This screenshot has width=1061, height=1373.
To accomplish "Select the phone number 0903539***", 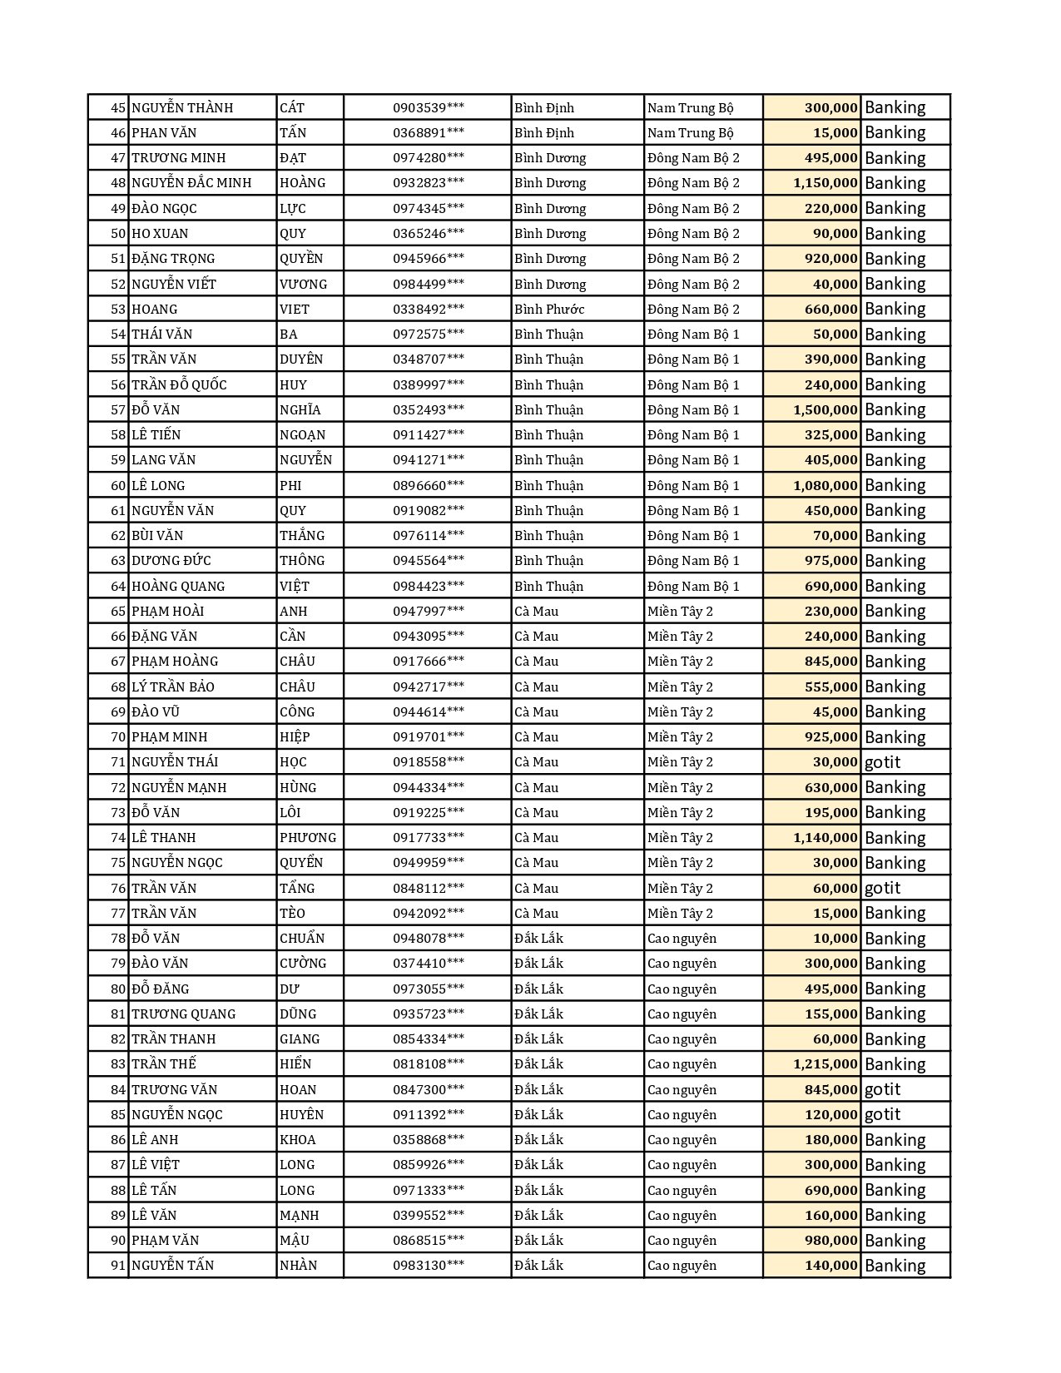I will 429,107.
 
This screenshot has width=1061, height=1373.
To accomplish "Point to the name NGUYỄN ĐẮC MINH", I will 191,183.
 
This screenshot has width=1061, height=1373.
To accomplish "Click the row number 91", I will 117,1266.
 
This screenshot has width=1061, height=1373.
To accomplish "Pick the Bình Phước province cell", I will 549,309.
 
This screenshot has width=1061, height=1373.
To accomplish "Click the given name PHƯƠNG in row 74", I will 308,838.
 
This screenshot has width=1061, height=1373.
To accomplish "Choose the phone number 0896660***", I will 429,485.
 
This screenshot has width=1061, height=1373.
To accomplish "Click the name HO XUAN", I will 160,234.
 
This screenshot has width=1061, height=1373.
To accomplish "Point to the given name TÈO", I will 292,914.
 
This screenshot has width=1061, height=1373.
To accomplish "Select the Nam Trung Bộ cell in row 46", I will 691,132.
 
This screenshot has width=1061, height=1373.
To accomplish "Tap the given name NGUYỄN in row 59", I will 305,460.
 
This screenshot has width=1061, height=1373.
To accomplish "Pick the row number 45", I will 117,107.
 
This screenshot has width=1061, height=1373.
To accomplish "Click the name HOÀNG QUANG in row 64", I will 178,586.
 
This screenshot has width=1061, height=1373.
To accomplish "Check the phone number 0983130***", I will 429,1266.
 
